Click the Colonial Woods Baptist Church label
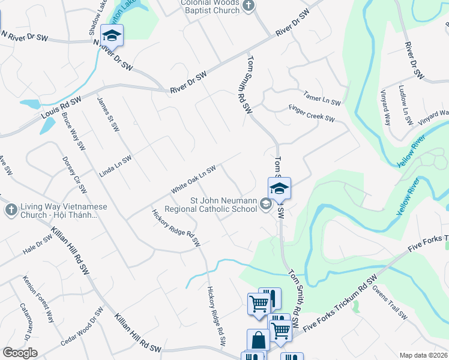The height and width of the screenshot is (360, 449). tap(210, 7)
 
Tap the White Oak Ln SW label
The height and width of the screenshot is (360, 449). tap(193, 179)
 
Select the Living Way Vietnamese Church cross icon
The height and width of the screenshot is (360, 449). tap(10, 209)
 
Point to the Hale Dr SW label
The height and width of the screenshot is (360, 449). tap(37, 242)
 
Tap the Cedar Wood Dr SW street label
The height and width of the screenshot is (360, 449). tap(82, 326)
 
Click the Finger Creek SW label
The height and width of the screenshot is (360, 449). tap(312, 115)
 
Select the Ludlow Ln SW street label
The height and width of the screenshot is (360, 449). tap(406, 105)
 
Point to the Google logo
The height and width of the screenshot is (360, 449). tap(20, 353)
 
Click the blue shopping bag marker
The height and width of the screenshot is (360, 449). tap(258, 340)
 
